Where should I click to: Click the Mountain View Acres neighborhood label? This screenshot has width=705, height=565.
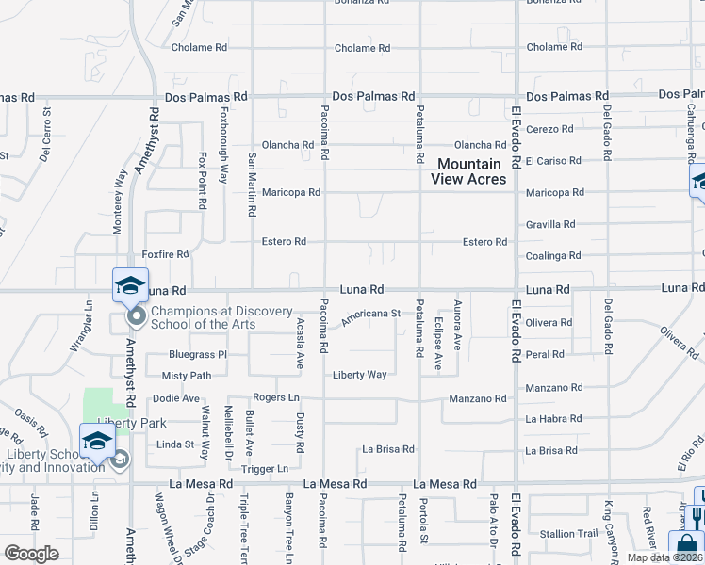(x=468, y=171)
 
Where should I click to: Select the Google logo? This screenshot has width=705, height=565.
(x=32, y=554)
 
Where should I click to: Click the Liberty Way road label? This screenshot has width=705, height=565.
(x=359, y=375)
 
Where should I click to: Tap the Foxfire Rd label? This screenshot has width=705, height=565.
(x=165, y=254)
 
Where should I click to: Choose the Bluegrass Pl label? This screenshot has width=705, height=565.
(x=198, y=355)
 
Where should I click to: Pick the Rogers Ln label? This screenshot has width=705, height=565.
(x=275, y=397)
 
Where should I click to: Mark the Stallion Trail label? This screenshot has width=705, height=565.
(x=569, y=534)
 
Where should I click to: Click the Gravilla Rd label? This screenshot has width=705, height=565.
(x=550, y=224)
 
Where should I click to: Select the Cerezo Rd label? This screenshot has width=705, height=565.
(x=550, y=129)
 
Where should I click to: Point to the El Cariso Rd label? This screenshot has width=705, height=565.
(x=553, y=161)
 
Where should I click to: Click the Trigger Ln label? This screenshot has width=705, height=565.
(x=264, y=468)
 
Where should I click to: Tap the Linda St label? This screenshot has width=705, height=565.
(x=175, y=444)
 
